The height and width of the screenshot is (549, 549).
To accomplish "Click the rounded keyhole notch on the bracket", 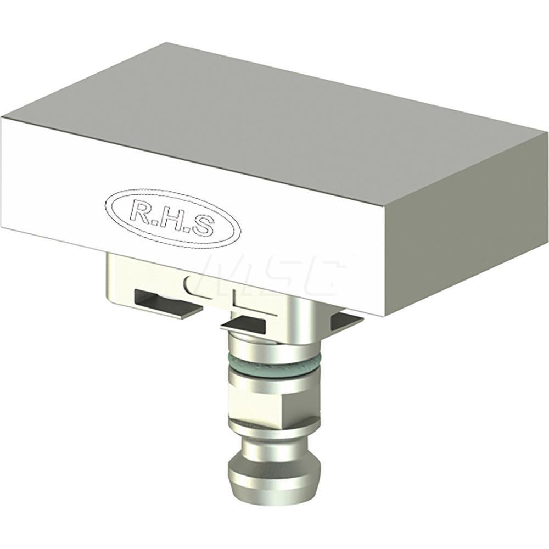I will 189,284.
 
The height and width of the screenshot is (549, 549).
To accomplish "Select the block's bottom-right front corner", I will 385,315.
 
